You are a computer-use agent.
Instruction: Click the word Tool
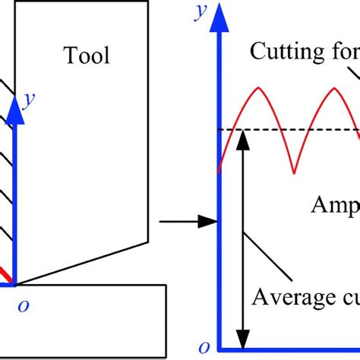(x=87, y=55)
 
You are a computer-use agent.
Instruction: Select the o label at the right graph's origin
(x=201, y=347)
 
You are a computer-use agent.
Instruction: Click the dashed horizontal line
(x=304, y=130)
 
